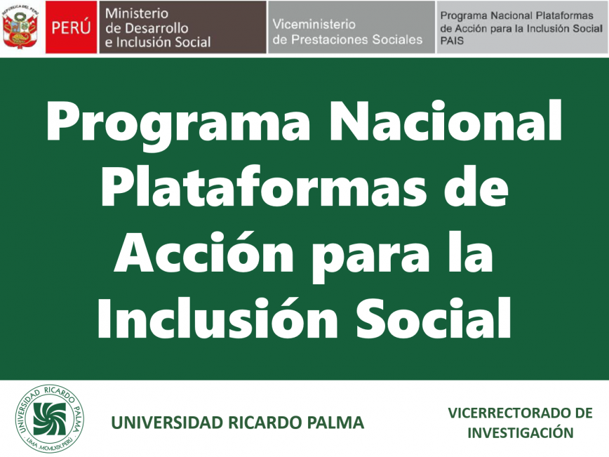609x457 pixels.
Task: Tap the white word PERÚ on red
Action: click(x=71, y=28)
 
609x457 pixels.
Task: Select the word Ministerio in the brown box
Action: click(x=137, y=13)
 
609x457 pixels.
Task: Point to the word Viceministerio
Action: click(x=314, y=24)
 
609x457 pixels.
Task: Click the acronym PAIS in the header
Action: click(x=452, y=41)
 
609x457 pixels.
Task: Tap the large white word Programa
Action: click(x=178, y=121)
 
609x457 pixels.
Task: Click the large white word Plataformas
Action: click(x=264, y=186)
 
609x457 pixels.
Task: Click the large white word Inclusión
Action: click(x=217, y=317)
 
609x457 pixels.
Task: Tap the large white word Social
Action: click(x=434, y=317)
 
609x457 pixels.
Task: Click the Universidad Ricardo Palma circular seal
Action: click(x=50, y=418)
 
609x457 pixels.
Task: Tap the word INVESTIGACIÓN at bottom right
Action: click(x=521, y=432)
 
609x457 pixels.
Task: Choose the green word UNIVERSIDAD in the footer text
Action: click(x=168, y=423)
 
